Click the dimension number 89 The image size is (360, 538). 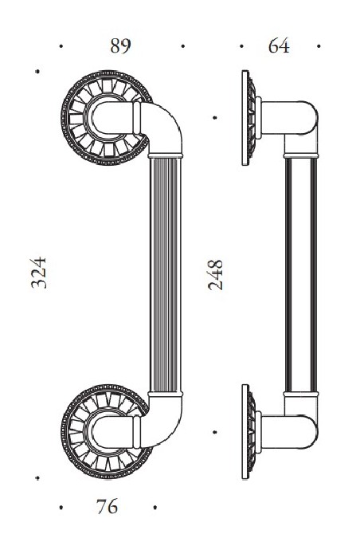[119, 45]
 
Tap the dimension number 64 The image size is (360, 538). [279, 45]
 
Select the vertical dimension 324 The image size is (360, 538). [41, 273]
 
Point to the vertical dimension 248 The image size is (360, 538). [216, 273]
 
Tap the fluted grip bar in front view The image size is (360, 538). [167, 275]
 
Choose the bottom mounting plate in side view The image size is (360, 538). [248, 433]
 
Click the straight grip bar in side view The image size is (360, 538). [302, 275]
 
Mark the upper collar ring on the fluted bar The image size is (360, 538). [167, 152]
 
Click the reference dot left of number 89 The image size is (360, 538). [62, 46]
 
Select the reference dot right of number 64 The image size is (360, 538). [319, 46]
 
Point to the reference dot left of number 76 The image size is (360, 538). [62, 507]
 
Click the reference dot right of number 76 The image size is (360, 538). [155, 507]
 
